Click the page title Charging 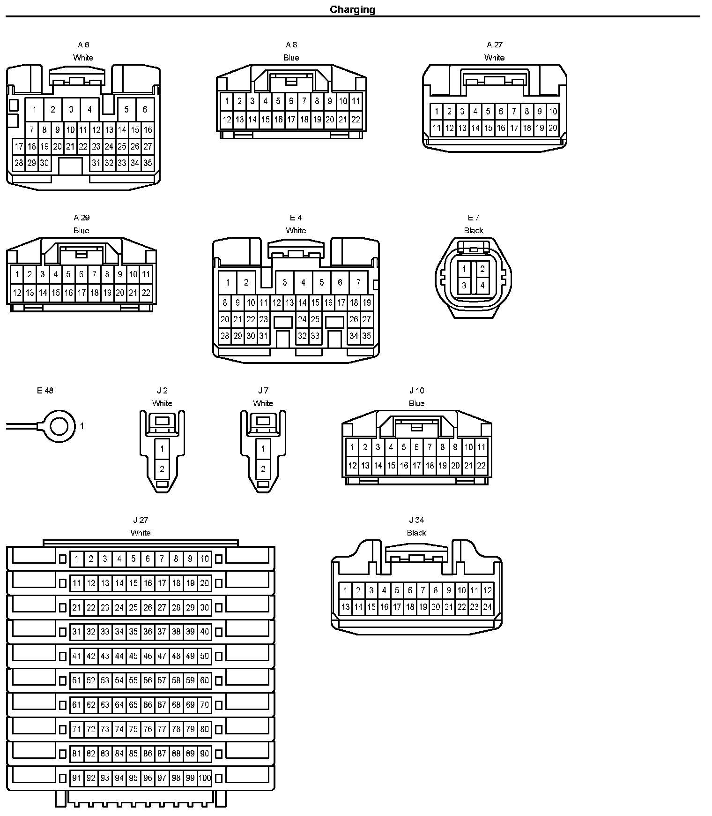pos(352,9)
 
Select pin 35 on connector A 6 pos(148,163)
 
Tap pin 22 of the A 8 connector pos(356,120)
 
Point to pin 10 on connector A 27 pos(553,111)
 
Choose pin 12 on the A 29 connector pos(17,293)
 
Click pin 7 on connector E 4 pos(358,282)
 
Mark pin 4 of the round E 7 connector pos(482,285)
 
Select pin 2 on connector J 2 pos(162,468)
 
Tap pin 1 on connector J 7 pos(263,449)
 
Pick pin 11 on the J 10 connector pos(482,447)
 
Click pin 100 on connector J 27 pos(205,778)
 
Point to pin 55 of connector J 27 pos(133,680)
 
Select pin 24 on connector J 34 pos(487,607)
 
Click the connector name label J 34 pos(416,520)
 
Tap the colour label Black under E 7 pos(473,230)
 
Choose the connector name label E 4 pos(296,218)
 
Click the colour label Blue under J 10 pos(416,403)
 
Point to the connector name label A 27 pos(494,45)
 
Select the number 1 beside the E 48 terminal pos(82,426)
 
